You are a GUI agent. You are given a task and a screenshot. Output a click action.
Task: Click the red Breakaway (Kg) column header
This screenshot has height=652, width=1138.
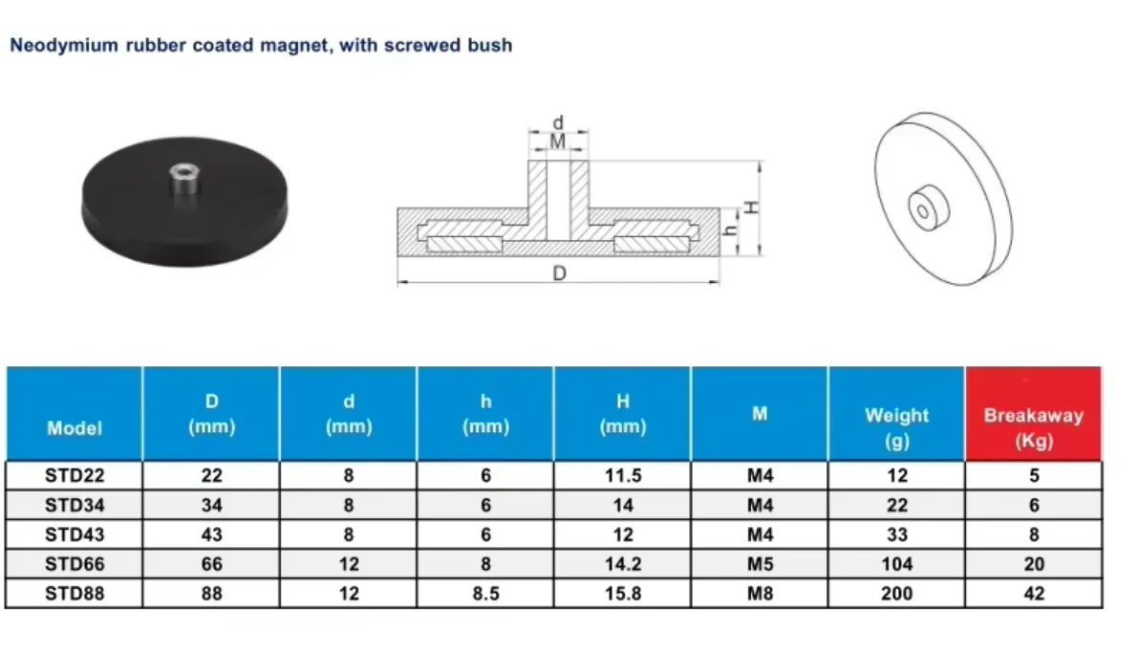1034,414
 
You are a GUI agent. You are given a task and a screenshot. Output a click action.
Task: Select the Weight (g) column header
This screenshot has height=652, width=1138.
896,414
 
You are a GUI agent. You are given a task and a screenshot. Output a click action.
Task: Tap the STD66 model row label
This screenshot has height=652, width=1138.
75,564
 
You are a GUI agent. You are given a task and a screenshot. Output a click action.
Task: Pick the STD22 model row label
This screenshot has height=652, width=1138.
75,475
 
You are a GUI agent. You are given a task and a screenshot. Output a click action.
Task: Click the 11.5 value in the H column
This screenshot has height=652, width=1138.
623,475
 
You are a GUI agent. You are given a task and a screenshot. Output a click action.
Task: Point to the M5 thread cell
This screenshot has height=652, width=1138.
760,564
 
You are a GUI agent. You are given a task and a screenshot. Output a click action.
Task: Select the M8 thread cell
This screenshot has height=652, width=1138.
760,593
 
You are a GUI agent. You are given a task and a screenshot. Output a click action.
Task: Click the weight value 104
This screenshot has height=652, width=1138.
897,564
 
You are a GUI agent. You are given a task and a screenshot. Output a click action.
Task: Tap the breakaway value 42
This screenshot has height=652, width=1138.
1034,593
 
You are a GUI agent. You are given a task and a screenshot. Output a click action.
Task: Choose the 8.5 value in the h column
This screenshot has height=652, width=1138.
485,593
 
